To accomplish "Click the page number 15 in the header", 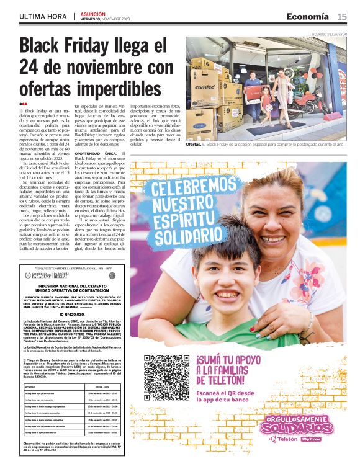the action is tap(342, 17).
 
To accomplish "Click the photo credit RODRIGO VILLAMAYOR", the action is tap(330, 34).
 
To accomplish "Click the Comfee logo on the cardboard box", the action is tap(204, 87).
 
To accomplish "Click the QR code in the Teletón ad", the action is tap(166, 377).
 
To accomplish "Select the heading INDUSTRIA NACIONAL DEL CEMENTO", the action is tap(74, 285).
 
